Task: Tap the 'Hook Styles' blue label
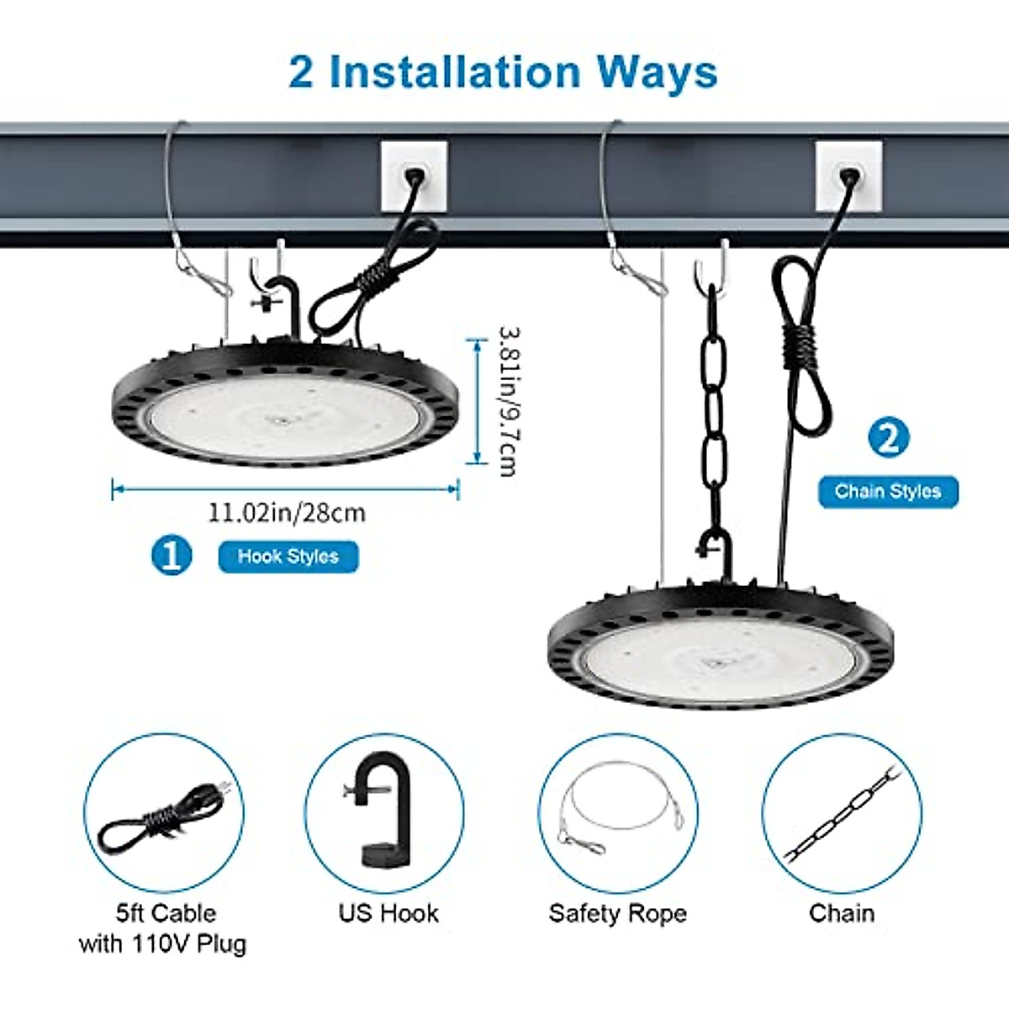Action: pyautogui.click(x=288, y=557)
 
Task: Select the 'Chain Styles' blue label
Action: pyautogui.click(x=888, y=491)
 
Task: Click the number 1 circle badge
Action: pyautogui.click(x=172, y=556)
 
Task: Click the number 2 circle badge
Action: pyautogui.click(x=888, y=437)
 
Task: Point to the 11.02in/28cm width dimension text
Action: pyautogui.click(x=287, y=512)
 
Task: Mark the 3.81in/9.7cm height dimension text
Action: pyautogui.click(x=506, y=401)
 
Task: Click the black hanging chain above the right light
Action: pyautogui.click(x=714, y=420)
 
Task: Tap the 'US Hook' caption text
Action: pyautogui.click(x=388, y=913)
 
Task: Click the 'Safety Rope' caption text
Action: pyautogui.click(x=617, y=913)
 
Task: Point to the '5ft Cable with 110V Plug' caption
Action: pyautogui.click(x=163, y=928)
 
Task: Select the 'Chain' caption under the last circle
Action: pyautogui.click(x=842, y=913)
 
